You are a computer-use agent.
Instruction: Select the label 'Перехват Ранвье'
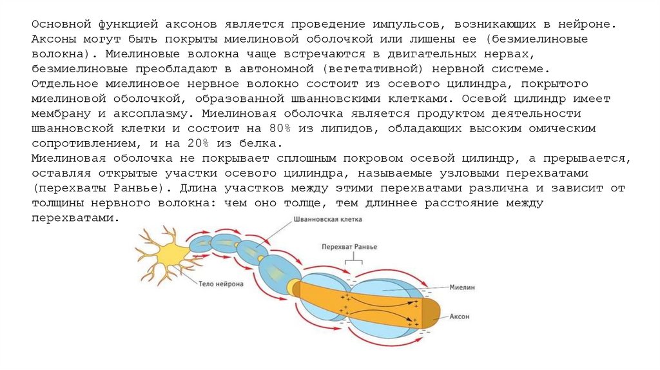pos(349,247)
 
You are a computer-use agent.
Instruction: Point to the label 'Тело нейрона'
pos(220,284)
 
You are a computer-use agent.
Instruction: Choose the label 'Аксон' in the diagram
pos(460,316)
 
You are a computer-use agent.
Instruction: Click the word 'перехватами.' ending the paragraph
pos(75,218)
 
